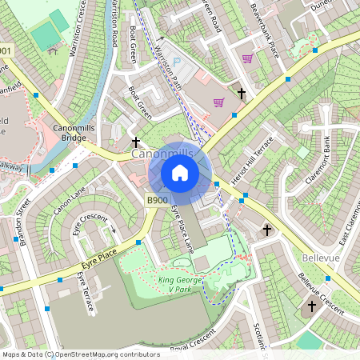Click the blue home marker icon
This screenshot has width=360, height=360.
180,173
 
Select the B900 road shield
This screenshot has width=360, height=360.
157,200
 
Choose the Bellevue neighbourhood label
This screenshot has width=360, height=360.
322,258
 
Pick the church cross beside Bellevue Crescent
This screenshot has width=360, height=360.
312,306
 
